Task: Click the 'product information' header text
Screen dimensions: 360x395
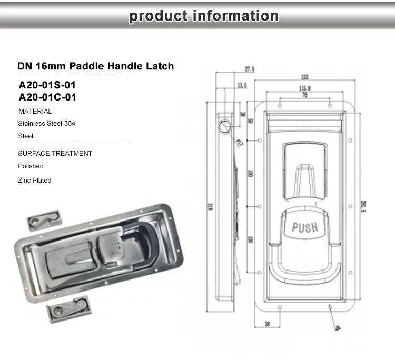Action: click(x=204, y=16)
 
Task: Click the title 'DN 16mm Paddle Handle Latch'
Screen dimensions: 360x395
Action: click(x=95, y=66)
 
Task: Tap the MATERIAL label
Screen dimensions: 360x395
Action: click(x=35, y=112)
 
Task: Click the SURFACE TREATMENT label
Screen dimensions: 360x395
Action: click(x=55, y=154)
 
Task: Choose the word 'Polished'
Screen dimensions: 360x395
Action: click(x=31, y=166)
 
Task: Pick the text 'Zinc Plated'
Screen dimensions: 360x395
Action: click(x=35, y=181)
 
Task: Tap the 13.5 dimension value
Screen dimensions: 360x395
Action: click(x=242, y=85)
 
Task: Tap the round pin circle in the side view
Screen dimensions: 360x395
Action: click(x=223, y=126)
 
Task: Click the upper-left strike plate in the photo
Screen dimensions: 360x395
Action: click(x=44, y=221)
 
